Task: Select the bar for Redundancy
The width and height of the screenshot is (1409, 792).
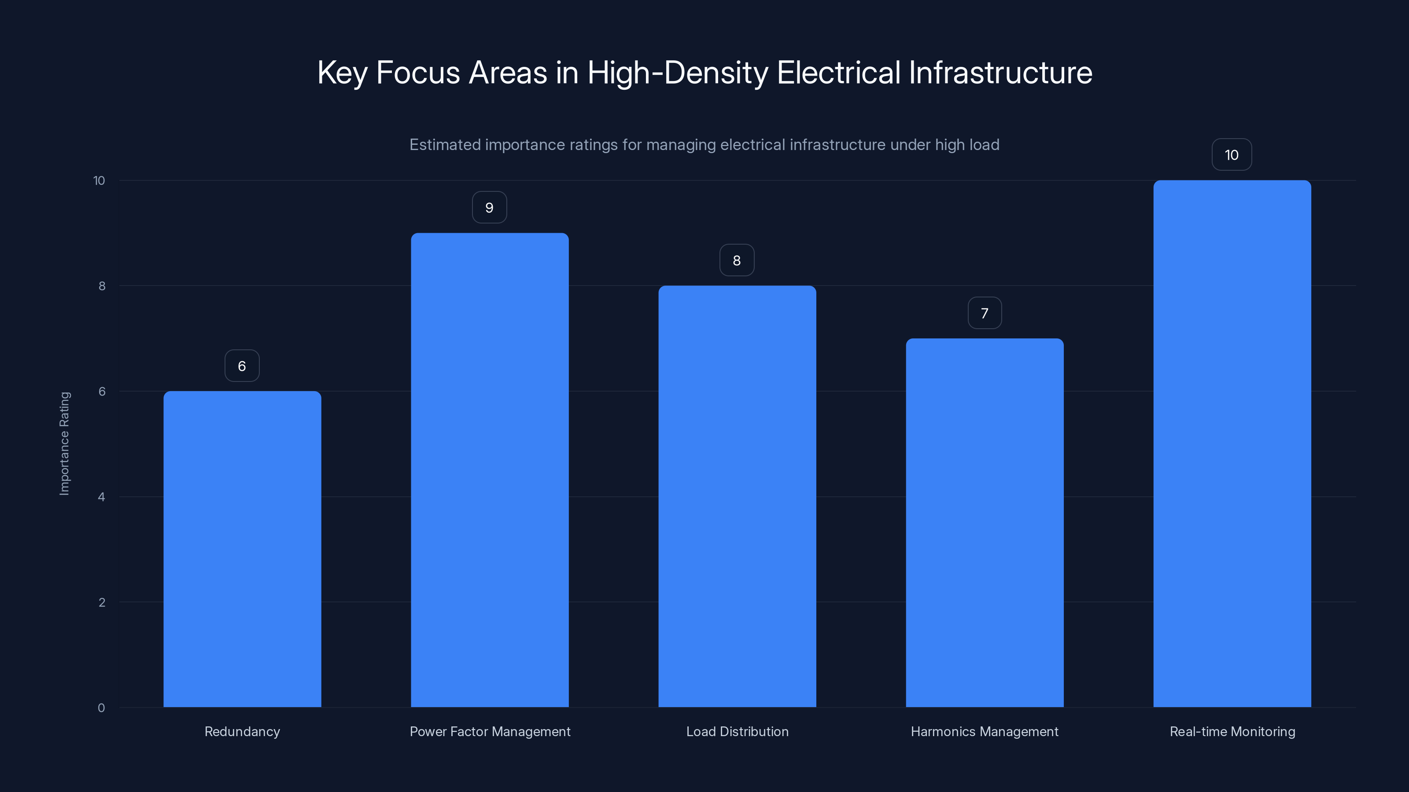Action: (x=242, y=549)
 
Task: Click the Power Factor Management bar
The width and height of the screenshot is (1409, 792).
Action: (x=490, y=470)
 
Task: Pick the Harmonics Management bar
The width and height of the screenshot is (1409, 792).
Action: (x=985, y=523)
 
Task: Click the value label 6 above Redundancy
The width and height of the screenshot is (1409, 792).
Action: (x=242, y=366)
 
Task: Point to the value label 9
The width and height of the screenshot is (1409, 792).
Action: (x=490, y=208)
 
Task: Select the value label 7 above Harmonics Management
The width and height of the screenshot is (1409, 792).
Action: (x=985, y=313)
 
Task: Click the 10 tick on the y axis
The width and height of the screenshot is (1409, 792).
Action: (x=99, y=181)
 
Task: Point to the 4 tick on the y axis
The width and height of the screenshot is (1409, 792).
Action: (x=102, y=497)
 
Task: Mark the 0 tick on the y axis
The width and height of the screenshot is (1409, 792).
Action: (x=102, y=708)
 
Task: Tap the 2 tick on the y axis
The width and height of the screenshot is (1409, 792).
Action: (x=102, y=602)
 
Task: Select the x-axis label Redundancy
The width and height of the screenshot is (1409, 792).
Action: (x=242, y=731)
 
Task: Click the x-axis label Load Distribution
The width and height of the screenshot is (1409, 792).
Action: (x=738, y=731)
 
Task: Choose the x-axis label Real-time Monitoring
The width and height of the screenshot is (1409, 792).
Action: (x=1232, y=731)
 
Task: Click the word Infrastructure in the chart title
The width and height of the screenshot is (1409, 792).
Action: (x=1000, y=73)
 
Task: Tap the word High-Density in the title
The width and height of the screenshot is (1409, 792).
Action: (x=678, y=73)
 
